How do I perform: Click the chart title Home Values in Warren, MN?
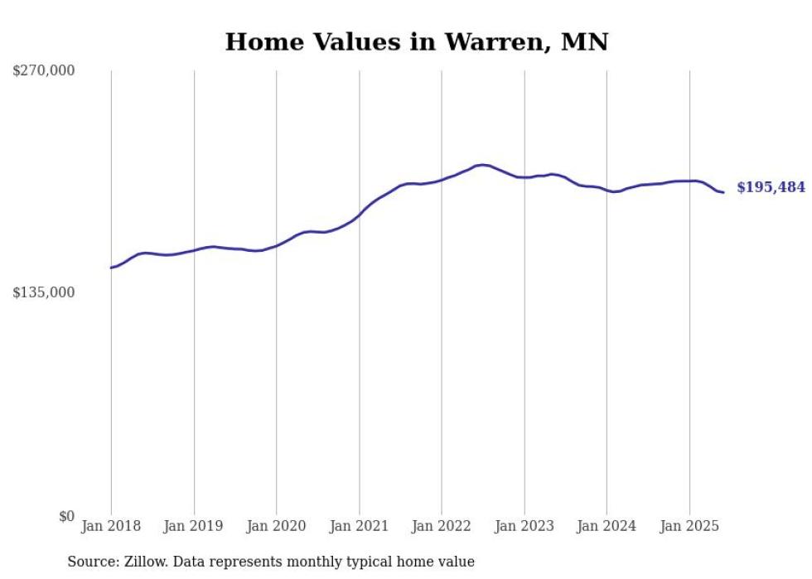416,42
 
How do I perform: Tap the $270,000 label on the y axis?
44,71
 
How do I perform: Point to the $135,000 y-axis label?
44,292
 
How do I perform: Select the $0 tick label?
66,516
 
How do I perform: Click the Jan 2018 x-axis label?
111,526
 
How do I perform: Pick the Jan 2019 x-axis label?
194,526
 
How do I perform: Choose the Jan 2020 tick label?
277,526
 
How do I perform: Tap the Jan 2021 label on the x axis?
360,526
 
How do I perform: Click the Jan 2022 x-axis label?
442,526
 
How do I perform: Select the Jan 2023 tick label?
524,526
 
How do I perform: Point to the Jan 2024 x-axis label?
607,526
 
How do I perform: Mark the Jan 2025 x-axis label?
689,526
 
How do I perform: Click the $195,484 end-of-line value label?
771,188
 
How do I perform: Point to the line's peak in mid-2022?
482,165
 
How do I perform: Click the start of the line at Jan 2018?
111,268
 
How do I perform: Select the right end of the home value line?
724,193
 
